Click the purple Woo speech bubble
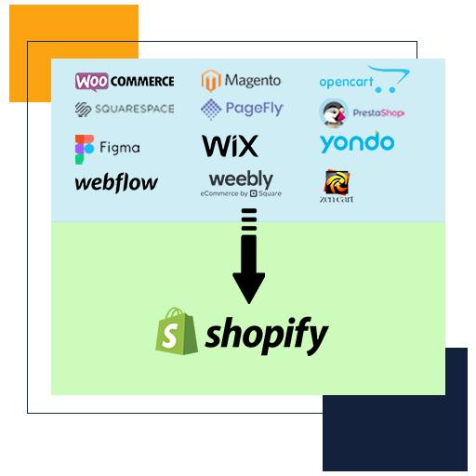[92, 82]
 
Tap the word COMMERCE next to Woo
[142, 82]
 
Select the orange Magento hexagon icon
[211, 81]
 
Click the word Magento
[253, 81]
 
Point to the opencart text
[346, 82]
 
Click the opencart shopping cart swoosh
[390, 78]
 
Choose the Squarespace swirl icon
[83, 110]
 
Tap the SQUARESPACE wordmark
[135, 109]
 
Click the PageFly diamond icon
[211, 109]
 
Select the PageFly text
[255, 109]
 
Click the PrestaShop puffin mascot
[334, 113]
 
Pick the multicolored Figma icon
[85, 150]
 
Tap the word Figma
[120, 148]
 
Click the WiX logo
[230, 146]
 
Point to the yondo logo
[357, 142]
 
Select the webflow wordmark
[116, 182]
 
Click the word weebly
[241, 178]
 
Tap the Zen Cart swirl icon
[337, 181]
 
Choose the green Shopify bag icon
[177, 331]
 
